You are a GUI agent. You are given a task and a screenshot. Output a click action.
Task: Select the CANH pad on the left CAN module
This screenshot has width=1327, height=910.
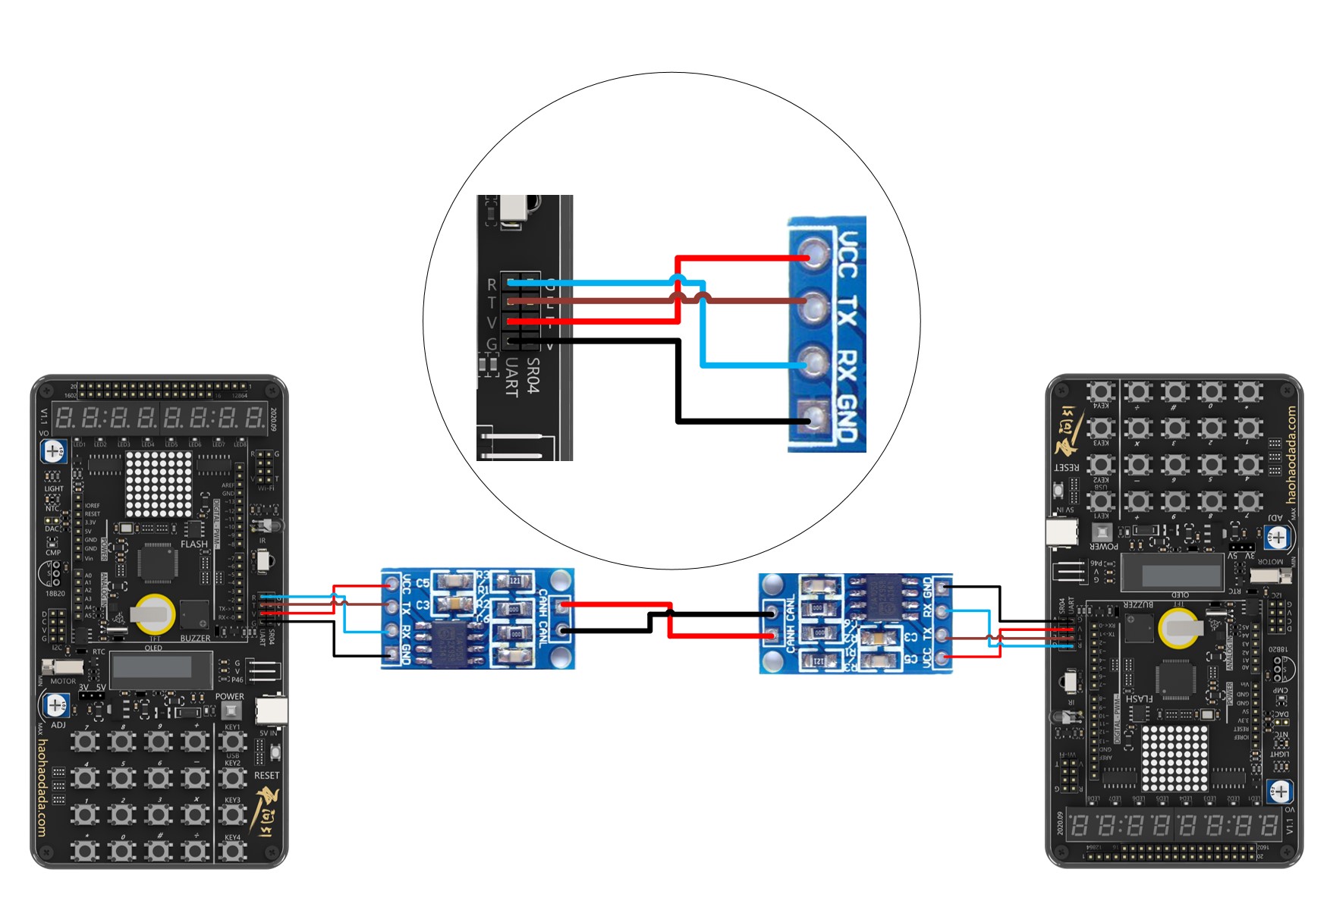pyautogui.click(x=562, y=606)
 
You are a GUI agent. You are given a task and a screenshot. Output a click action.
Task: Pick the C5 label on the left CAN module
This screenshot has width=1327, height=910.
pyautogui.click(x=423, y=583)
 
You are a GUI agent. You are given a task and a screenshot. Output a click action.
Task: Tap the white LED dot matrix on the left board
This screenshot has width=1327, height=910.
pyautogui.click(x=159, y=484)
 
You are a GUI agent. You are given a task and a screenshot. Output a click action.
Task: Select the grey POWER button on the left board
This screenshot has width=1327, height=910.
pyautogui.click(x=231, y=711)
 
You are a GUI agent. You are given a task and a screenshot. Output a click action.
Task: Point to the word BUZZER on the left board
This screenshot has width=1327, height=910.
pyautogui.click(x=195, y=639)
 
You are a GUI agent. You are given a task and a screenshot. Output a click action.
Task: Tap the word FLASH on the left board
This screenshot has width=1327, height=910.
pyautogui.click(x=194, y=544)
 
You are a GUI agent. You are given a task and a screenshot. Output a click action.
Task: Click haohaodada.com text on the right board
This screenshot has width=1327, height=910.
pyautogui.click(x=1291, y=455)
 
